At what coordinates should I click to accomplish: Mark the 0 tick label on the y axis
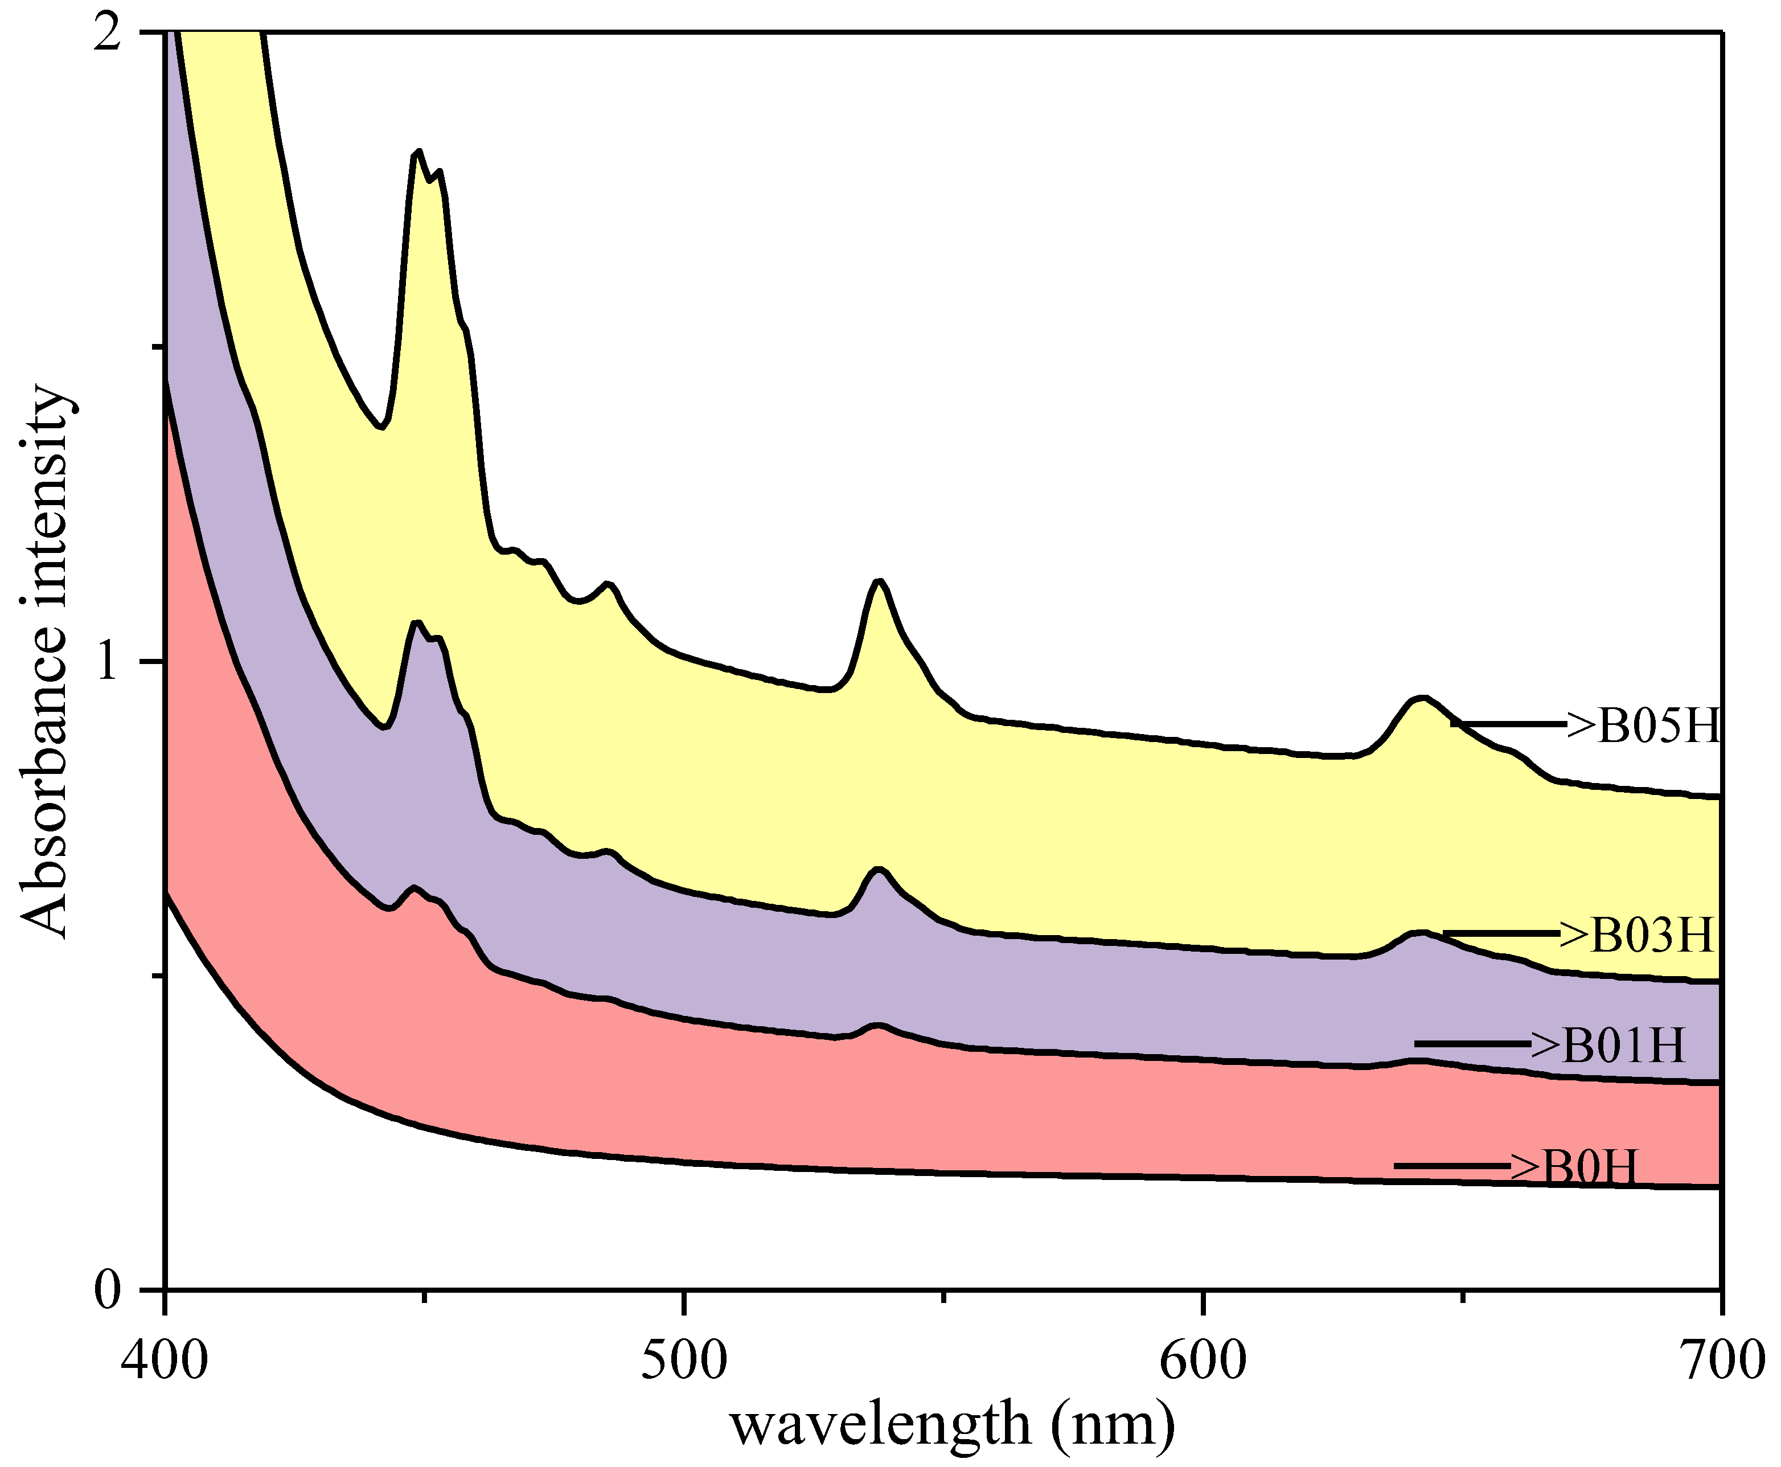click(108, 1290)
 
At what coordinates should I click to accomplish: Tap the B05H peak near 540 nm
click(880, 581)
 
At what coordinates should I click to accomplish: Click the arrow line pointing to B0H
click(1451, 1167)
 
